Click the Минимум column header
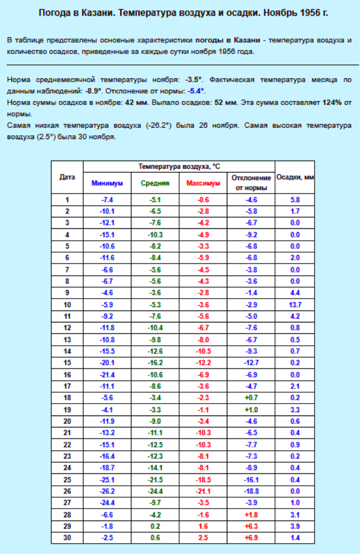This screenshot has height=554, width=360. click(107, 183)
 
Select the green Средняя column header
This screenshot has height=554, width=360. click(155, 183)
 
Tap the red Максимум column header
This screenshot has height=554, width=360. click(203, 183)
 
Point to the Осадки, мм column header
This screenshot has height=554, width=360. click(295, 177)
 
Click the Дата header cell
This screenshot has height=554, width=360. click(67, 177)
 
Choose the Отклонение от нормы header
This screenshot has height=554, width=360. click(251, 183)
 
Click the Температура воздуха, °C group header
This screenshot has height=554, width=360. click(179, 166)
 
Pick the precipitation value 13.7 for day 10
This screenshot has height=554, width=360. click(295, 305)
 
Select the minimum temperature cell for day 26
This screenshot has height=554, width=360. click(107, 491)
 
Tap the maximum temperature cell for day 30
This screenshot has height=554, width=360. click(203, 537)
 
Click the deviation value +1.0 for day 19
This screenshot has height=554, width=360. click(251, 410)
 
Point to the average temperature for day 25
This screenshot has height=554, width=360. click(155, 479)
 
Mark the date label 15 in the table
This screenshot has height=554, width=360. click(67, 362)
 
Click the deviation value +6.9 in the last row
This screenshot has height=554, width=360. click(251, 537)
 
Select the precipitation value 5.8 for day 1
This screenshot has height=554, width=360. click(295, 200)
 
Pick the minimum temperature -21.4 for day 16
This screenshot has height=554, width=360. click(107, 374)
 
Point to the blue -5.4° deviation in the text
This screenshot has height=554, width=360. click(197, 90)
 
